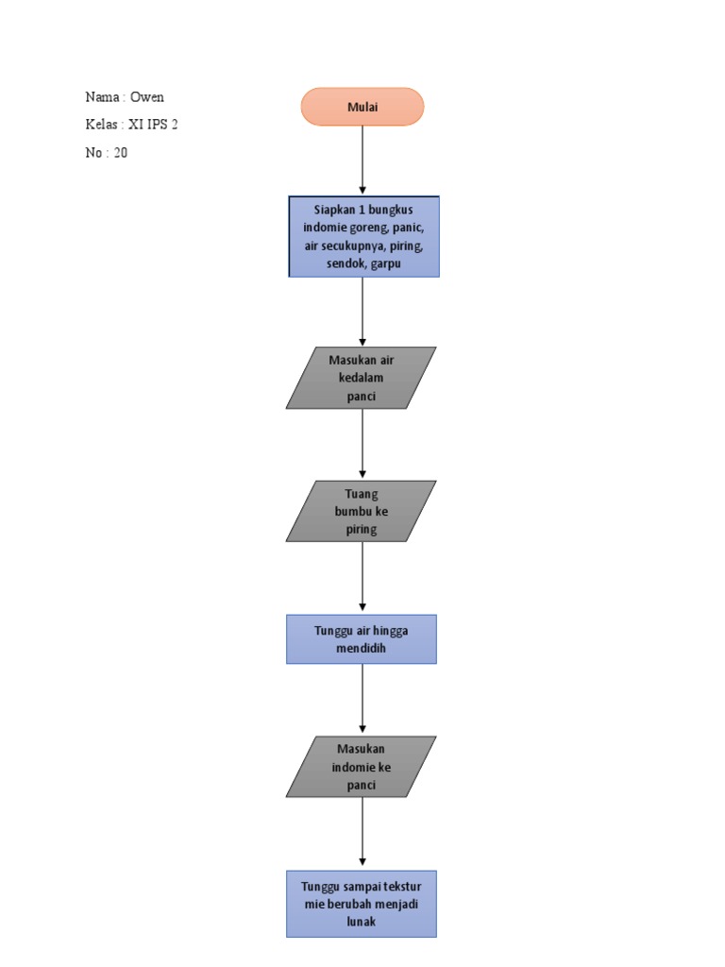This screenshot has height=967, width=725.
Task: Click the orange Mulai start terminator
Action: pos(362,107)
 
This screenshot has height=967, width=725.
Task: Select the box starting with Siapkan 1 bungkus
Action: pos(363,236)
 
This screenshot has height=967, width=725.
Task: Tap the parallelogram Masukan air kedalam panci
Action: pos(362,378)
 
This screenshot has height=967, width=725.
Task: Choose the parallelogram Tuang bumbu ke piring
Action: pos(362,511)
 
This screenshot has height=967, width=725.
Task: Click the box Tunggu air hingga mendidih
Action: pos(362,639)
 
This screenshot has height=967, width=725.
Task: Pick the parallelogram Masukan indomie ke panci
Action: pos(362,767)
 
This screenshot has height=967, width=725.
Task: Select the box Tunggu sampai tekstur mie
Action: pos(362,904)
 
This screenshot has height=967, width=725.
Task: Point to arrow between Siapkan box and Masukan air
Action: pos(362,312)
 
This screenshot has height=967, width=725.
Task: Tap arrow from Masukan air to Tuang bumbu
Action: pos(362,444)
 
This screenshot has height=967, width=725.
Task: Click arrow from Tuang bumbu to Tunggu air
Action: pos(362,577)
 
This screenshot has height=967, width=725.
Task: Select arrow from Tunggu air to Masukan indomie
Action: pos(362,699)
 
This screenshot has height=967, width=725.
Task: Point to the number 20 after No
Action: pos(120,153)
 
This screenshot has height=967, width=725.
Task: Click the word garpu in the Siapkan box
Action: pos(387,264)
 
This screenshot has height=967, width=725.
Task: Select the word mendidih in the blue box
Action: pos(362,649)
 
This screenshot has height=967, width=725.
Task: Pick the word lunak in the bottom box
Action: pos(362,922)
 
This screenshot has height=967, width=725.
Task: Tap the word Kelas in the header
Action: pos(101,125)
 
